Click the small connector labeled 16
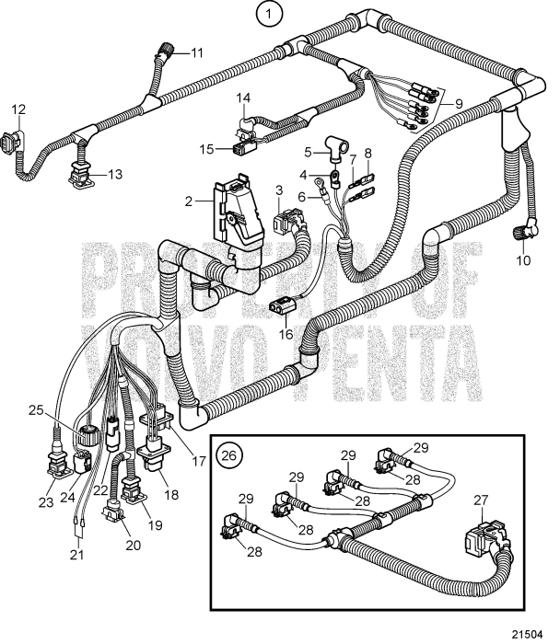[280, 307]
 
